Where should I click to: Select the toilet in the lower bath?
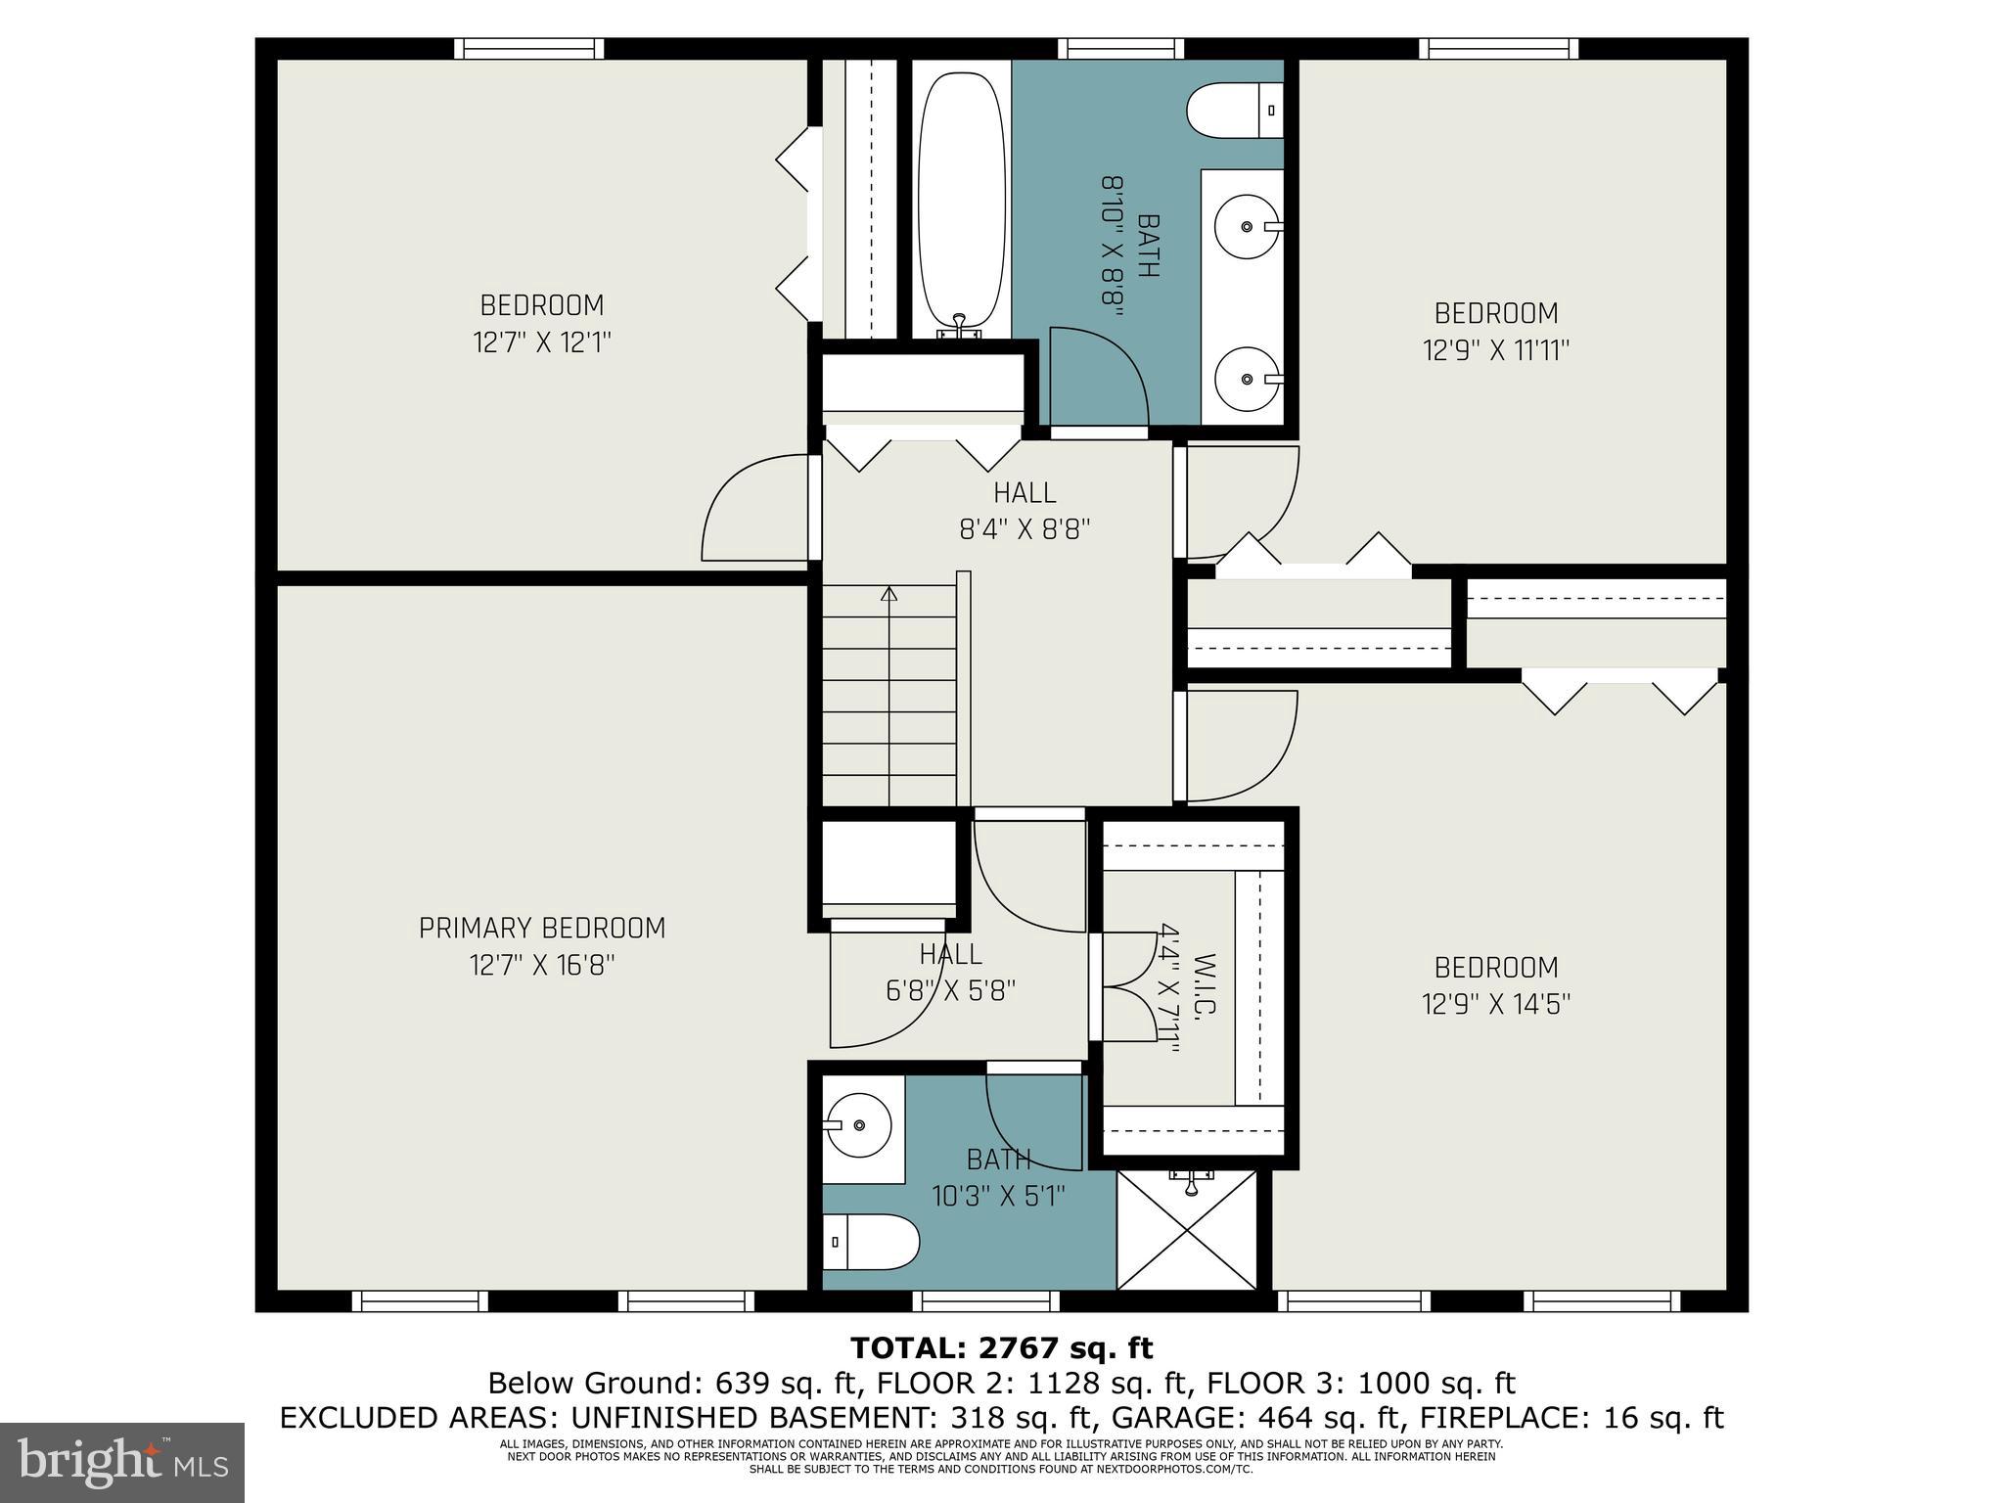872,1242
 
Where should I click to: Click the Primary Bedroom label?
542,928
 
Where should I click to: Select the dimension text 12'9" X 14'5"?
1495,1005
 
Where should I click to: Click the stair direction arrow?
888,595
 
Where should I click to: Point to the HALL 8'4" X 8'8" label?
1025,511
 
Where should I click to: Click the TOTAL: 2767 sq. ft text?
1001,1348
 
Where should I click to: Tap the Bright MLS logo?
122,1463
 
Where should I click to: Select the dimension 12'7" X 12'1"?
542,342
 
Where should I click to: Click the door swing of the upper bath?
1096,377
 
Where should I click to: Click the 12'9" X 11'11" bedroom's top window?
1498,49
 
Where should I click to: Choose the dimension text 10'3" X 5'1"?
997,1196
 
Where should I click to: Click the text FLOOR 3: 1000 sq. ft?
1360,1384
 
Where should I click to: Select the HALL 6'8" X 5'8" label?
950,972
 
